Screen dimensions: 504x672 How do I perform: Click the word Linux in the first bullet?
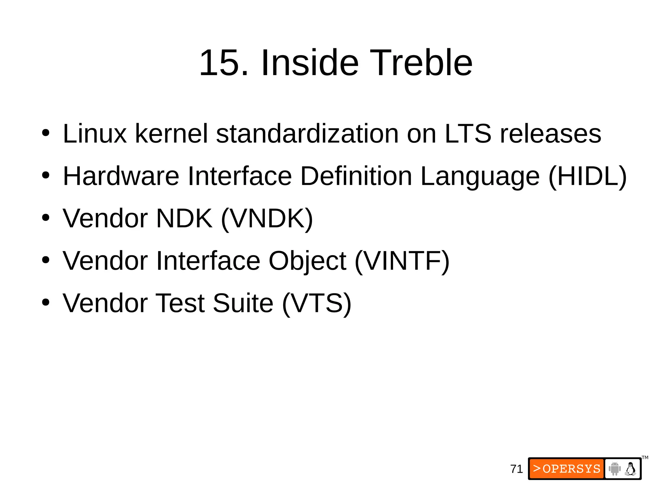94,134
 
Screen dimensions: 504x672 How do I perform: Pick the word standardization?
307,134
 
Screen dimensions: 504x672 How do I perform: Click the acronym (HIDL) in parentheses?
587,177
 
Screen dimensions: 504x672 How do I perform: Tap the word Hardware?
121,177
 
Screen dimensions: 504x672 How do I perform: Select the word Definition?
356,177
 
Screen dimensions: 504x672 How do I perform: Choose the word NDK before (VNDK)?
184,219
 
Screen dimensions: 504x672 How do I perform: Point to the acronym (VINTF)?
402,261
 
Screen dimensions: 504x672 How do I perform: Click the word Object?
307,262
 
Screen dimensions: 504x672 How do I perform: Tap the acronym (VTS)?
317,303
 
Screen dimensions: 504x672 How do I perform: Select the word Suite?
243,303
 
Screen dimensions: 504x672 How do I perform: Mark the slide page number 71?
516,469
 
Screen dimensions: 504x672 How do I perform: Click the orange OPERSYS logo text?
567,469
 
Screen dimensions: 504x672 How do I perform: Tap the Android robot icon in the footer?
615,469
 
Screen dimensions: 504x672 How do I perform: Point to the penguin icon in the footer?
630,469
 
